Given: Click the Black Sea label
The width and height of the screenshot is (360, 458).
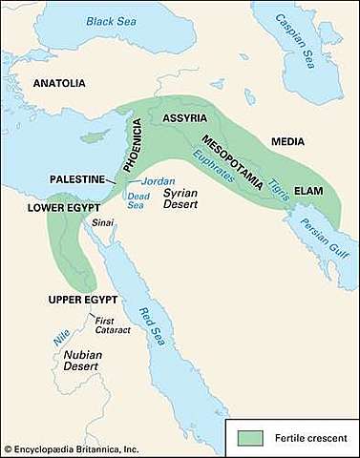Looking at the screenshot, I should (112, 20).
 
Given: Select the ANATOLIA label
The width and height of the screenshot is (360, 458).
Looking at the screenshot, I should (59, 84).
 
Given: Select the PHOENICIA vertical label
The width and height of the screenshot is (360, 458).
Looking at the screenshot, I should (137, 143).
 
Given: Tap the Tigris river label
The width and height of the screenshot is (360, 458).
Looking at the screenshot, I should (276, 172).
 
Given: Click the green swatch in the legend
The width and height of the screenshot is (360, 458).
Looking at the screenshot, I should (250, 436).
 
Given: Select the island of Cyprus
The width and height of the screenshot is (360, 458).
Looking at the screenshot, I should (92, 136).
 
